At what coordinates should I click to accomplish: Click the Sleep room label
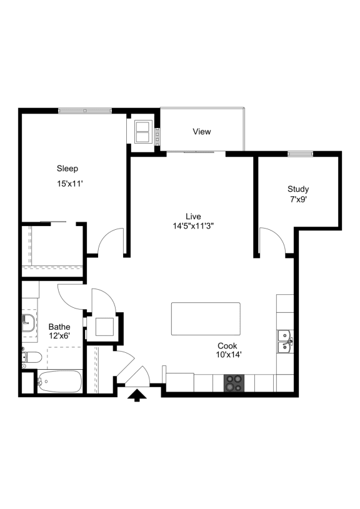click(x=67, y=168)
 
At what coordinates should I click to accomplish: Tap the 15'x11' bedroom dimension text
click(x=70, y=184)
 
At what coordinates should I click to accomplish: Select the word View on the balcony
click(x=202, y=132)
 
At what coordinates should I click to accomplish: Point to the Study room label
click(x=298, y=189)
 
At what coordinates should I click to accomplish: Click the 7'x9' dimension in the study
click(x=298, y=200)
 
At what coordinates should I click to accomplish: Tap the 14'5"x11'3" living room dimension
click(x=194, y=225)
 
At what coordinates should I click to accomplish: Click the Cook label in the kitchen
click(x=227, y=345)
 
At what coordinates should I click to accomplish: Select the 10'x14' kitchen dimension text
click(x=229, y=355)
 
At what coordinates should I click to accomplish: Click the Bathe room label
click(x=59, y=327)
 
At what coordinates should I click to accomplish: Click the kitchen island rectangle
click(x=206, y=319)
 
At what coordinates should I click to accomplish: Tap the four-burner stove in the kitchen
click(x=234, y=383)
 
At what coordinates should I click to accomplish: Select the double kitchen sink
click(x=284, y=342)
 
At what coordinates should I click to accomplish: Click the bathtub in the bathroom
click(x=59, y=381)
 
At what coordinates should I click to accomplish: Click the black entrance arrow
click(x=136, y=396)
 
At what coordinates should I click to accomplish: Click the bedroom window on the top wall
click(x=85, y=111)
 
